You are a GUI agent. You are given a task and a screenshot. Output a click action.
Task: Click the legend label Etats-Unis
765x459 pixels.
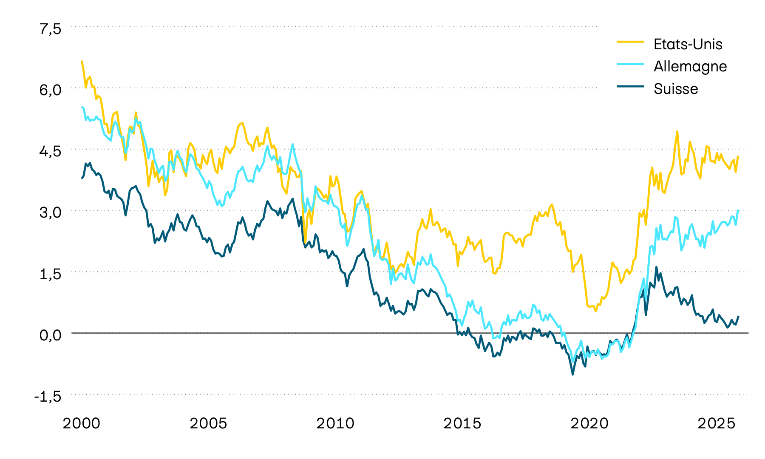pos(688,44)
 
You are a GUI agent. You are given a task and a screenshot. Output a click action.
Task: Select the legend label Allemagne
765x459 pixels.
pos(690,66)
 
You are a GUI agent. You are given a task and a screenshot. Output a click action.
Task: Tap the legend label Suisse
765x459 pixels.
pos(676,89)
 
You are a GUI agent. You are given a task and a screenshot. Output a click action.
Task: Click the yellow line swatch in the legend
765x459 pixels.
pos(630,42)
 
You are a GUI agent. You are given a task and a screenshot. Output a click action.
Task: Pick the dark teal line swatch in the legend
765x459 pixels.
pos(630,86)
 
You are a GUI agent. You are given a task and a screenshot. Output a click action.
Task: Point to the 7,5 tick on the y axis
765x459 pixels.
pos(51,28)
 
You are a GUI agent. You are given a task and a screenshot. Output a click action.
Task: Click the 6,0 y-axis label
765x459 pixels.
pos(51,90)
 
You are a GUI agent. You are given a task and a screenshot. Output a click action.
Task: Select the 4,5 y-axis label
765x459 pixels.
pos(51,151)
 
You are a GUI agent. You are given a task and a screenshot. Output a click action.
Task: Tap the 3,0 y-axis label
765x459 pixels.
pos(51,212)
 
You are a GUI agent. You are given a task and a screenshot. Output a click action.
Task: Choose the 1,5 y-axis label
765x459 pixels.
pos(51,274)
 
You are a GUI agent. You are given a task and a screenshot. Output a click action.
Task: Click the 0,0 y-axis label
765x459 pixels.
pos(51,335)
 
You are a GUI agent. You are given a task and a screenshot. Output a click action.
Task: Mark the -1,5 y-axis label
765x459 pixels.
pos(48,396)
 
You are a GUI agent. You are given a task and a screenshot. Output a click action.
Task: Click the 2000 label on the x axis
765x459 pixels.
pos(82,423)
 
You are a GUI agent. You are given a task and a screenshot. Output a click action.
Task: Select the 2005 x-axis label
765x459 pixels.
pos(208,423)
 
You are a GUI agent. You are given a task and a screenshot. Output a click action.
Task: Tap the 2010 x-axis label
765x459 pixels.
pos(335,423)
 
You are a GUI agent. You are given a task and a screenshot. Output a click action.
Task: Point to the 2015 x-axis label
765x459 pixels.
pos(462,423)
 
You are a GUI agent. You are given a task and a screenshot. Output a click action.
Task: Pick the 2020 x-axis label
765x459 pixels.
pos(589,423)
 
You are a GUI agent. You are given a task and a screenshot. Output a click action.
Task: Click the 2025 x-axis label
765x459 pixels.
pos(717,423)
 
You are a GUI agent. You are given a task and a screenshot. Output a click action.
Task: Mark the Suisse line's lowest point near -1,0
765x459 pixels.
pos(572,374)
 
